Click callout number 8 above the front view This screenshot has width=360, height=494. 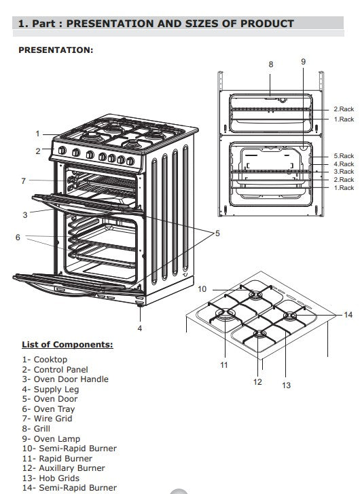click(270, 64)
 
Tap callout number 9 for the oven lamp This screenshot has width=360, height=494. click(303, 62)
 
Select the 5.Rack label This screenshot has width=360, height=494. click(343, 156)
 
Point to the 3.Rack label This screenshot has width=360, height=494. click(343, 172)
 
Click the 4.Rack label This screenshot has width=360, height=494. click(343, 164)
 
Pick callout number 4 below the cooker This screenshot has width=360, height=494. click(139, 328)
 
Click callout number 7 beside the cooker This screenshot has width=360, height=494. click(23, 181)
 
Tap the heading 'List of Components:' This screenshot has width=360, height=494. click(67, 345)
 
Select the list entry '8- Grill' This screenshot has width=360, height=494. click(36, 429)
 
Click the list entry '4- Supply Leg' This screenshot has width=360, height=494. click(50, 389)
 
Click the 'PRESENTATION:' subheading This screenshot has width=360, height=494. click(56, 50)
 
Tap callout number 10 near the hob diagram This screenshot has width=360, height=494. click(202, 290)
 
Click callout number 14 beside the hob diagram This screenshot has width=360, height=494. click(348, 315)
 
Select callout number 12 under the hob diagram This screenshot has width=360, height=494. click(257, 381)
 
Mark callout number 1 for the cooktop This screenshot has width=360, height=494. click(38, 134)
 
